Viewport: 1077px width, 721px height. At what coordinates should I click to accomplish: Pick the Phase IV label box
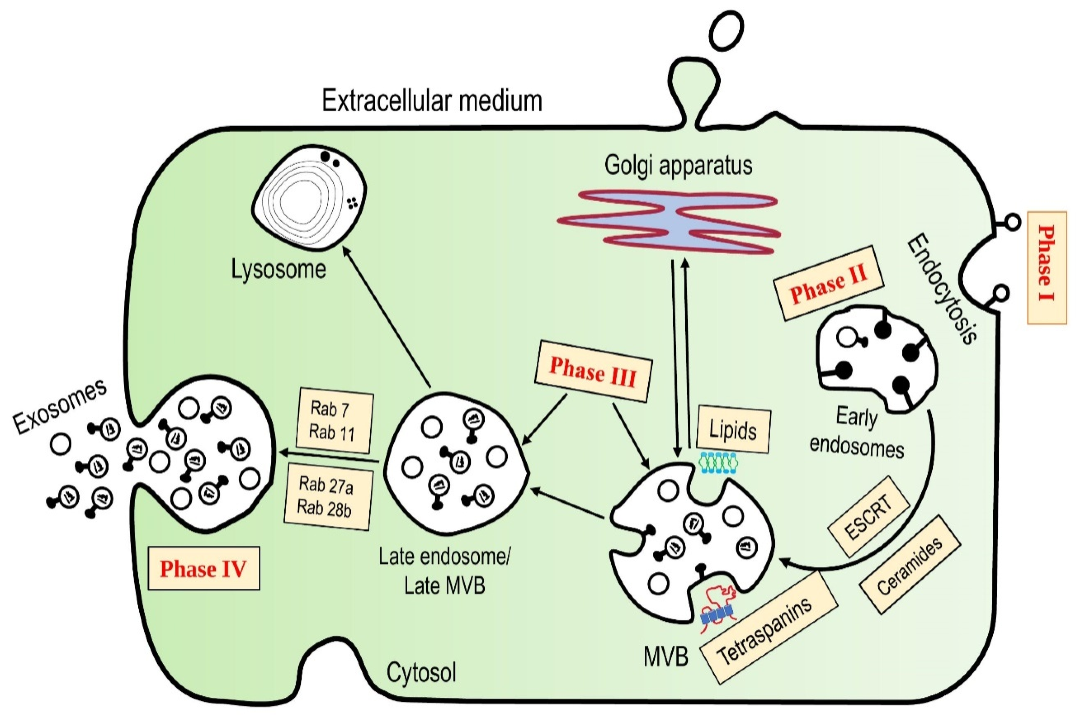click(204, 569)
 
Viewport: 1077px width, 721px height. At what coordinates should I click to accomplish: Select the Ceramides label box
click(909, 565)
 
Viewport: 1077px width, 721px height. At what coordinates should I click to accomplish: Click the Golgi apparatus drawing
click(669, 222)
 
